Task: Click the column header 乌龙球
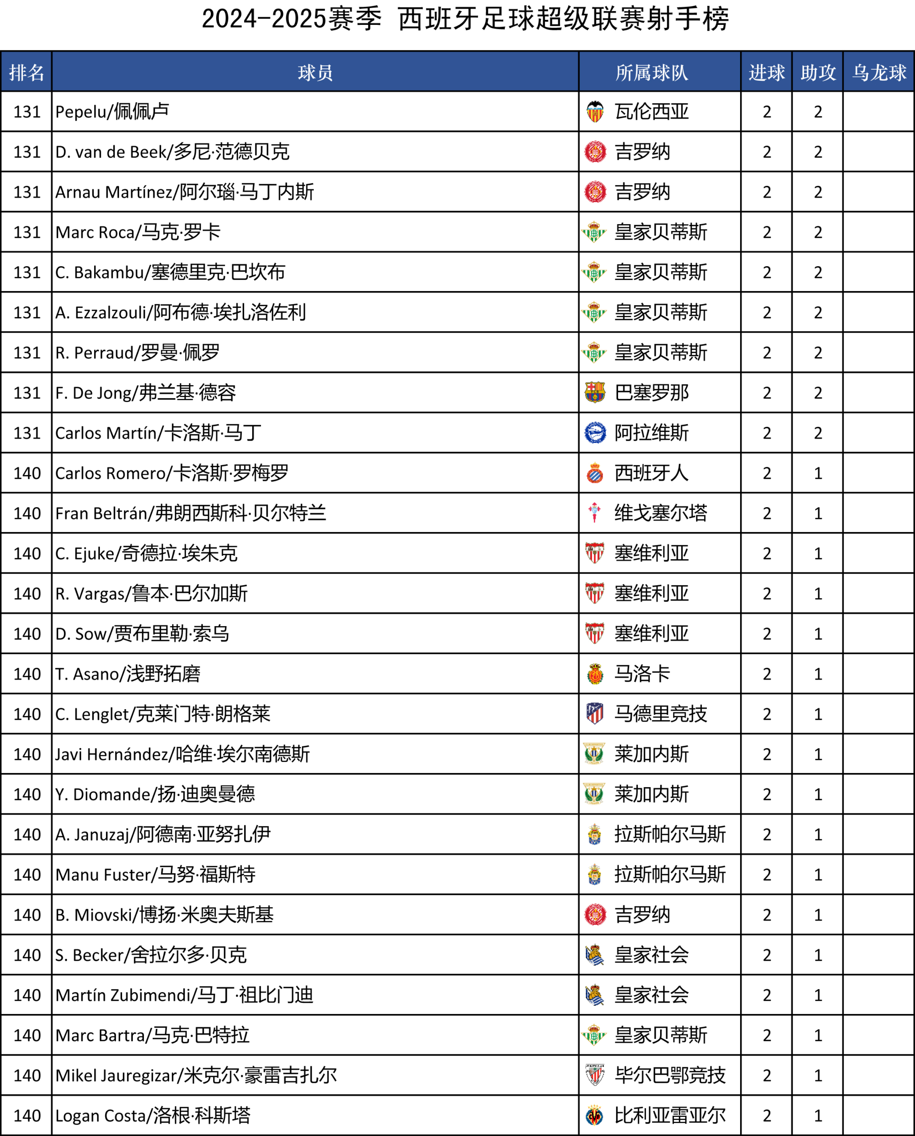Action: click(x=879, y=72)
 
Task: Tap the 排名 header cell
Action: click(x=26, y=72)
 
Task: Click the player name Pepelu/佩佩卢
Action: click(x=112, y=112)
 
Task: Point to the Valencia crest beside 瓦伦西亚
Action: click(x=595, y=112)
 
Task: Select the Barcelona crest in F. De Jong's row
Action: click(x=595, y=393)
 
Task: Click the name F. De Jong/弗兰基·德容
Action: click(x=146, y=393)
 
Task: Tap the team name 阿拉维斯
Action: click(x=651, y=433)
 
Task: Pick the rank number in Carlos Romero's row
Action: click(x=27, y=473)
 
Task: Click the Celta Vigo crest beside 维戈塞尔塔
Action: click(x=595, y=513)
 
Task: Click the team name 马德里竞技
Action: click(x=661, y=714)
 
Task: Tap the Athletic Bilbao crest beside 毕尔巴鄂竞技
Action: click(x=595, y=1075)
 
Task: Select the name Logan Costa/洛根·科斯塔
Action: click(x=153, y=1116)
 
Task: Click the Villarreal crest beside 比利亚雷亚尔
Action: click(x=595, y=1116)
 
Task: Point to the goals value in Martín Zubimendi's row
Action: click(x=766, y=995)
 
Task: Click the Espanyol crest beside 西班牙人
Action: click(x=595, y=473)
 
